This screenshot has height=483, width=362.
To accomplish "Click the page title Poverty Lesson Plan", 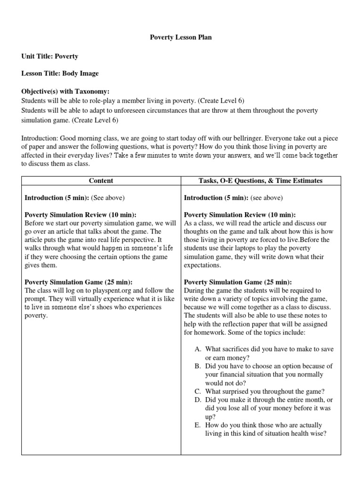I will [x=181, y=37].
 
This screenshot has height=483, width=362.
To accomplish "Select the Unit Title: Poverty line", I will [x=50, y=56].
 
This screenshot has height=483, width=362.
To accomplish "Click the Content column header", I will [x=101, y=181].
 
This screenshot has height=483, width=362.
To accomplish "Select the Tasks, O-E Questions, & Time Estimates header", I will [x=260, y=181].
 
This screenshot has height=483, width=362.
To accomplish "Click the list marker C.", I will [x=197, y=391].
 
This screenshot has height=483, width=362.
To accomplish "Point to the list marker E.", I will [x=197, y=425].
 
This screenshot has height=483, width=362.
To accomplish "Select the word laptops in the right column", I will [x=251, y=248].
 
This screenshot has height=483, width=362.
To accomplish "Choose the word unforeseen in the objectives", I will [x=133, y=110].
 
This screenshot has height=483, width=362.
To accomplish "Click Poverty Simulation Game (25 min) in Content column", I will [x=78, y=282].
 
